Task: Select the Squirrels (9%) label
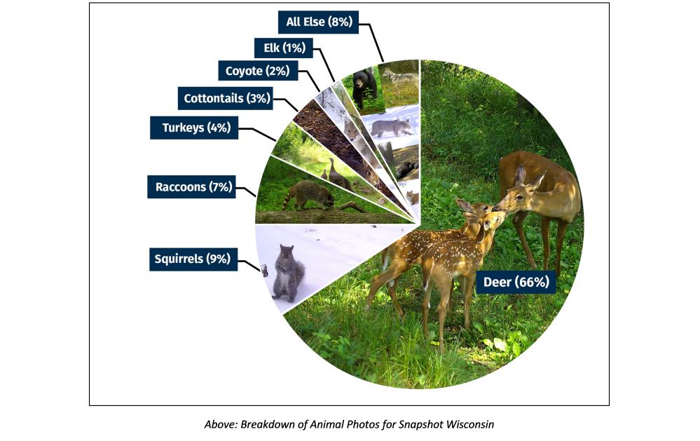pos(192,259)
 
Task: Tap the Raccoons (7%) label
pos(191,187)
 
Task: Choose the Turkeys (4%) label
pos(194,128)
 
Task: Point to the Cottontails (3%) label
pos(226,98)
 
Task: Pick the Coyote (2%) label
pos(257,71)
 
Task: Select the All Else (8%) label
pos(318,22)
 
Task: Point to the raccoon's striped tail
pos(288,200)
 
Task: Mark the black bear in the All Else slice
pos(364,88)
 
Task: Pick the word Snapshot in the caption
pos(416,425)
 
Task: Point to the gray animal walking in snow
pos(391,127)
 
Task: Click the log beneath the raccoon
pos(329,215)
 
